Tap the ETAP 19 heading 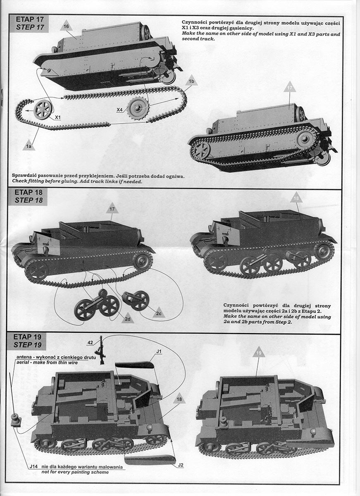click(29, 337)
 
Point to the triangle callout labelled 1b click(191, 81)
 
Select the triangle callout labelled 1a click(29, 145)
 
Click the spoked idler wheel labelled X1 click(43, 110)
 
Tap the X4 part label click(119, 110)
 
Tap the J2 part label click(181, 465)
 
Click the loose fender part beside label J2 click(150, 460)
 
